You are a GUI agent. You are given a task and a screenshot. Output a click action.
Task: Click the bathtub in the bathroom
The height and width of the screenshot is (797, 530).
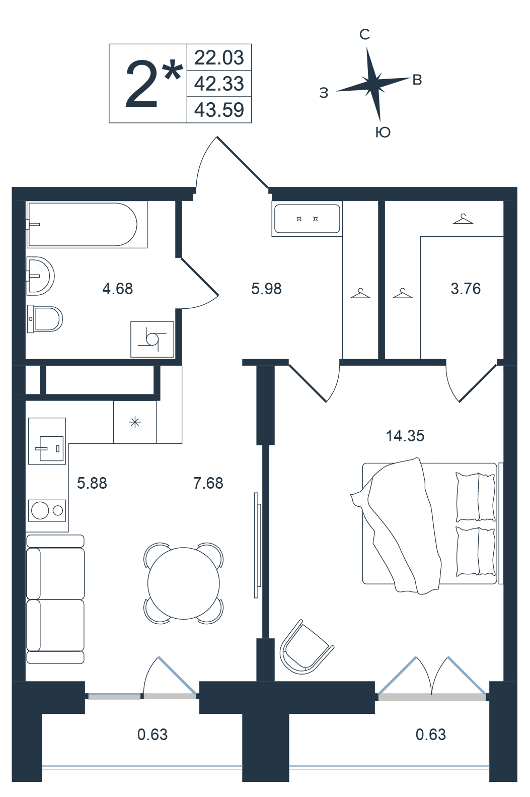(x=87, y=225)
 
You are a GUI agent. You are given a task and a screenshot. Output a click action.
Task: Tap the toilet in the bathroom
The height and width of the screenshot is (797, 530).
(x=45, y=319)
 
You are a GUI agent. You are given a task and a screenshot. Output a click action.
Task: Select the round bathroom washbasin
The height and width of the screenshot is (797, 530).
(x=41, y=276)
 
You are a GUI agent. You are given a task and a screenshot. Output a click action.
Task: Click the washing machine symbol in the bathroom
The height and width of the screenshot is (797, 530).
(x=152, y=339)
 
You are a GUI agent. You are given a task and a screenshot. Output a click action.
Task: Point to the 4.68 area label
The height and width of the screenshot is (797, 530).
(x=118, y=289)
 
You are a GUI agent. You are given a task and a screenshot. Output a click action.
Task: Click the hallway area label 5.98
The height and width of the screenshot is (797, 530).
(x=266, y=289)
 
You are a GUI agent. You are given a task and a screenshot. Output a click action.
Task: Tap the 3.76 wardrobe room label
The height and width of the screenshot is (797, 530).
(x=466, y=289)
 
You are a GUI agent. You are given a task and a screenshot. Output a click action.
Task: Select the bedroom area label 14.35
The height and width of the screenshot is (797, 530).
(x=405, y=435)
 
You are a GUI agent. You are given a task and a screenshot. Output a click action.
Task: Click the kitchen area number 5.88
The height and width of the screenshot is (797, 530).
(x=92, y=483)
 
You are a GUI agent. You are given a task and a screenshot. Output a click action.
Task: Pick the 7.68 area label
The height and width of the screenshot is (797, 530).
(x=208, y=483)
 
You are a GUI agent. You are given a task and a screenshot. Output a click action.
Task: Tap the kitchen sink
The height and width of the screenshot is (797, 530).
(x=47, y=441)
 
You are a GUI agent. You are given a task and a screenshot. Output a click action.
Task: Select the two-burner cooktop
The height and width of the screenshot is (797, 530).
(x=47, y=510)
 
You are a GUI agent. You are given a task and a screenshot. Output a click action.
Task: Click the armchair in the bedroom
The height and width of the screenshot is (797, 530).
(x=306, y=648)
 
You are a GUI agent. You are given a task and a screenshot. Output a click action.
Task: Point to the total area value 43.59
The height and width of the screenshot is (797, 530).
(x=219, y=110)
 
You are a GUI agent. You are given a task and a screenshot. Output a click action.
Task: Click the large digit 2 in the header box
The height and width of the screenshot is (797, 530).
(x=141, y=84)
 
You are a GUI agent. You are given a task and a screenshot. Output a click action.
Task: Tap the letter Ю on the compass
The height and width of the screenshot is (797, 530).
(x=383, y=132)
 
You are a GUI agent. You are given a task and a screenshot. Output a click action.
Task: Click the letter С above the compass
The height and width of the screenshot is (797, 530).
(x=365, y=35)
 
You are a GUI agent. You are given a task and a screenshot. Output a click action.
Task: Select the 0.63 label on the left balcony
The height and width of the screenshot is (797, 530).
(x=153, y=735)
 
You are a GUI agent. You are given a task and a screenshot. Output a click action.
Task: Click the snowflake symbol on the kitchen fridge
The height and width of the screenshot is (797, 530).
(x=135, y=422)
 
